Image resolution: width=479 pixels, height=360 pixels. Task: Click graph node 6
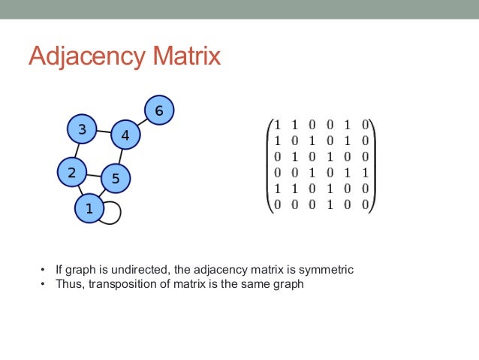click(x=158, y=112)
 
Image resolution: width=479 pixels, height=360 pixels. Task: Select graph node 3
click(x=82, y=129)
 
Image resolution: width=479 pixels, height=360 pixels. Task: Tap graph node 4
click(x=125, y=136)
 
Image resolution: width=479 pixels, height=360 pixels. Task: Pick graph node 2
click(x=72, y=172)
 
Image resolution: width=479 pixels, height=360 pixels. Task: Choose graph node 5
click(x=115, y=178)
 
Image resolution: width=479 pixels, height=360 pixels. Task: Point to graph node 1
click(x=89, y=208)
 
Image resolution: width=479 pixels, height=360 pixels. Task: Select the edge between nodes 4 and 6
click(x=141, y=124)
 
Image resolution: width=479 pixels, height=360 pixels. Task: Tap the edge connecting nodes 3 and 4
click(x=104, y=133)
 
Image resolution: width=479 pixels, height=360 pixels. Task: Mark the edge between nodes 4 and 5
click(x=120, y=157)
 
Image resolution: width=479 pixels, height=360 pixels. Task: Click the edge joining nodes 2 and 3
click(x=77, y=150)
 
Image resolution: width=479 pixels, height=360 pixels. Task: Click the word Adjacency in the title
click(x=87, y=57)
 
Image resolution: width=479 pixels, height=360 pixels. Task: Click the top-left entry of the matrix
click(x=277, y=125)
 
